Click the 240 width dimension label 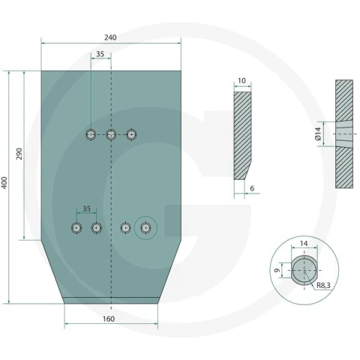click(110, 37)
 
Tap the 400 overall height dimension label click(4, 183)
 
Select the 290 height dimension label click(19, 154)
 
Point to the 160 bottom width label click(109, 319)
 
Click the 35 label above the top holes click(100, 54)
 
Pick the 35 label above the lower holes click(86, 208)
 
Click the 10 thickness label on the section click(241, 81)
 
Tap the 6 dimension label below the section click(252, 188)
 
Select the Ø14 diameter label click(318, 133)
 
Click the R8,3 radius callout click(323, 285)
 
